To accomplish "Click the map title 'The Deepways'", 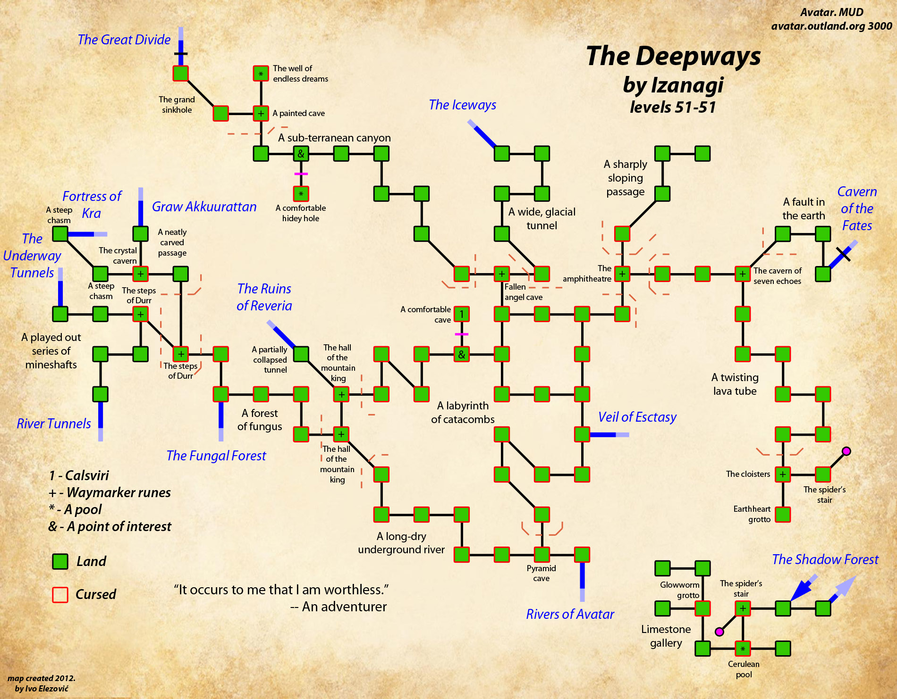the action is click(673, 57).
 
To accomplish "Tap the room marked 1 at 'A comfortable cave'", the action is click(462, 314).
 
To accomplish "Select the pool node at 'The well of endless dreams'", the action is click(261, 74).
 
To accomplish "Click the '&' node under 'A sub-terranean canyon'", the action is click(301, 154).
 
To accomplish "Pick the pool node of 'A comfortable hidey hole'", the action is click(301, 194).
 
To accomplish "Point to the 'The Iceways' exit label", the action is click(463, 105).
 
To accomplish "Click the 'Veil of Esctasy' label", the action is click(637, 417).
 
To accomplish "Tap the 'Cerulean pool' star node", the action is click(743, 649).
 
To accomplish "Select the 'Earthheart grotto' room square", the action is click(783, 515).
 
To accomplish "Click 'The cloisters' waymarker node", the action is click(783, 474).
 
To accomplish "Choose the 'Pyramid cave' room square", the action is click(542, 555).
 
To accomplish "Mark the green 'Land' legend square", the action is click(60, 562).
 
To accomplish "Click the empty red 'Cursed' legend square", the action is click(60, 595).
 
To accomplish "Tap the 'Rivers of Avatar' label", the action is click(570, 614).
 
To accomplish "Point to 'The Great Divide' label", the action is click(124, 40).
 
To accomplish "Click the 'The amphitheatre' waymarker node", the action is click(622, 274).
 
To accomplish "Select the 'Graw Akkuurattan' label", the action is click(204, 207).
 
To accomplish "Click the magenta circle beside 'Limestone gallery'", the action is click(719, 632).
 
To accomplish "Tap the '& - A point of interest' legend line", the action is click(110, 526).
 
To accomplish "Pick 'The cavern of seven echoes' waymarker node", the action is click(743, 274).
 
